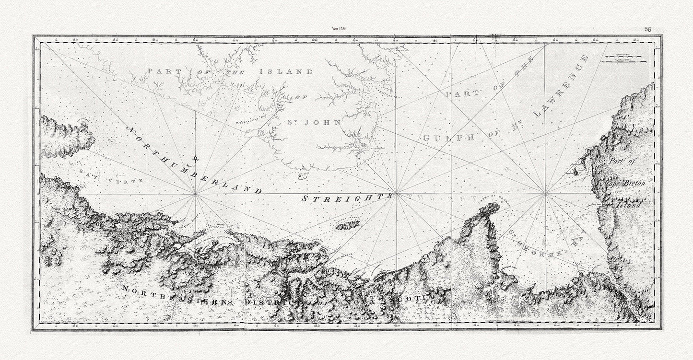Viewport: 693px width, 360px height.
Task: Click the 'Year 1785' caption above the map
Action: tap(339, 29)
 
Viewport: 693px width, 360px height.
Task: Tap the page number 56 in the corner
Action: tap(647, 29)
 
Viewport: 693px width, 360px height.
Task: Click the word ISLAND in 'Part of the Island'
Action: tap(286, 71)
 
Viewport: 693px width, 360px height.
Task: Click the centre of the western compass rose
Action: tap(195, 194)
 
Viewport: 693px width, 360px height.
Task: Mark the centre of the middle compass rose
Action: tap(396, 194)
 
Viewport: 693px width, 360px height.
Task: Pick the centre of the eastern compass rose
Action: tap(545, 194)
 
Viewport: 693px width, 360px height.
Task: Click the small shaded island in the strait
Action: tap(348, 225)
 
